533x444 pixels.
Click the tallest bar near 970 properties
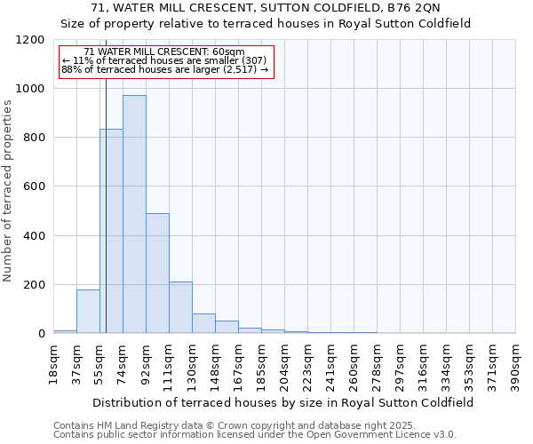coord(134,214)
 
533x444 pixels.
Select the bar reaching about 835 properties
coord(111,231)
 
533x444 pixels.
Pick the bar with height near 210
coord(180,307)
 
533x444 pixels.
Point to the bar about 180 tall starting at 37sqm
coord(88,311)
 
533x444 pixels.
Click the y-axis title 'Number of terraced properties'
coord(8,191)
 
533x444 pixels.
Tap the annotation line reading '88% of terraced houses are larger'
coord(164,69)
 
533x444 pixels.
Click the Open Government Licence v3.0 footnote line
coord(255,435)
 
